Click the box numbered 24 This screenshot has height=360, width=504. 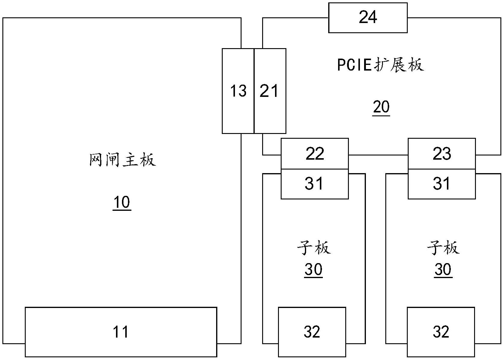[x=368, y=18]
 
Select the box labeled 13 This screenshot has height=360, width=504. [x=238, y=91]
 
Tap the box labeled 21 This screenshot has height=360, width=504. [x=270, y=91]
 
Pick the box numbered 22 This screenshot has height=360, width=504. [x=314, y=154]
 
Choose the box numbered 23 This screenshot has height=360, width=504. [x=442, y=154]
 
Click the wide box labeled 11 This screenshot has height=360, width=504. [x=121, y=332]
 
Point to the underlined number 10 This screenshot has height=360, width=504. [x=122, y=203]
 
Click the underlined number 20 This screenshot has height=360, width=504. [x=381, y=107]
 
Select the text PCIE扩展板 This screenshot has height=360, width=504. [x=380, y=65]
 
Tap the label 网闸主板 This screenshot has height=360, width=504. [x=123, y=160]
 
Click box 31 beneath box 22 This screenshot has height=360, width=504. [x=314, y=184]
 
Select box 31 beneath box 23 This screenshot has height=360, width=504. [x=442, y=184]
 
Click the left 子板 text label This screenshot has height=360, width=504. [x=314, y=248]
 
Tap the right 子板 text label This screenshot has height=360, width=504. [x=443, y=248]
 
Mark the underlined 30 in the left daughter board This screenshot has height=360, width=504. [x=313, y=270]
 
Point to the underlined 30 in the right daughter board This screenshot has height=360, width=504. [x=443, y=270]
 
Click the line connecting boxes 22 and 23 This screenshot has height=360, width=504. [x=378, y=155]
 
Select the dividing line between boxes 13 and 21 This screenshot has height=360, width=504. [x=254, y=91]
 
